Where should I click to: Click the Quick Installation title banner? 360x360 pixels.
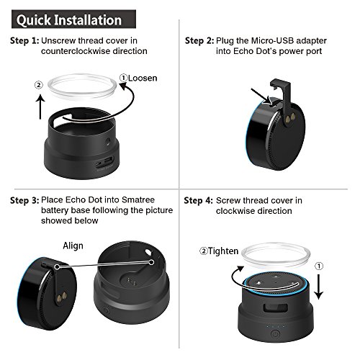[73, 19]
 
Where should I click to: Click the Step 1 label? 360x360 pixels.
[24, 41]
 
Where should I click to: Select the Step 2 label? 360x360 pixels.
[199, 41]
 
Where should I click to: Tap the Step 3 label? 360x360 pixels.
[24, 200]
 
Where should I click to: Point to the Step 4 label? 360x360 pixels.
[198, 201]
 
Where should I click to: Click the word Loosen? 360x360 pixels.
[143, 78]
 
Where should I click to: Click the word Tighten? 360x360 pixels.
[223, 251]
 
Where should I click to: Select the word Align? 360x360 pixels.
[73, 246]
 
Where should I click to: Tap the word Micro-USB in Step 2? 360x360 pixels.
[272, 41]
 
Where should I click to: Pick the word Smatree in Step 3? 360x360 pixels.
[138, 199]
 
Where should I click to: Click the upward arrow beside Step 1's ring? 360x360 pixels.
[40, 106]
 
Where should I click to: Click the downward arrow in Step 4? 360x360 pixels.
[318, 287]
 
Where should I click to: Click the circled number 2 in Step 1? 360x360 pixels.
[39, 85]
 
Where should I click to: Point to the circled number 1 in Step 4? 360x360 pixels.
[319, 266]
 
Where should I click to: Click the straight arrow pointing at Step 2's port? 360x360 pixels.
[261, 96]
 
